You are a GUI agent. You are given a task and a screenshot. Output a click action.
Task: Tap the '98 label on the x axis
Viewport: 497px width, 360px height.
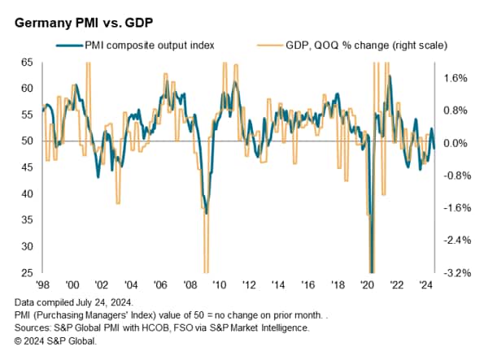coord(42,285)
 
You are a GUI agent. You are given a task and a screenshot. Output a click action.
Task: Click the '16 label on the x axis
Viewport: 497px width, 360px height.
coord(308,285)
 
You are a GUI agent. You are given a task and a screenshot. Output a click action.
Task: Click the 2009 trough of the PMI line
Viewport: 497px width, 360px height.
coord(207,213)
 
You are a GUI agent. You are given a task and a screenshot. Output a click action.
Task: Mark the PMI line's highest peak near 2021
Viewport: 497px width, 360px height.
coord(390,76)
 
